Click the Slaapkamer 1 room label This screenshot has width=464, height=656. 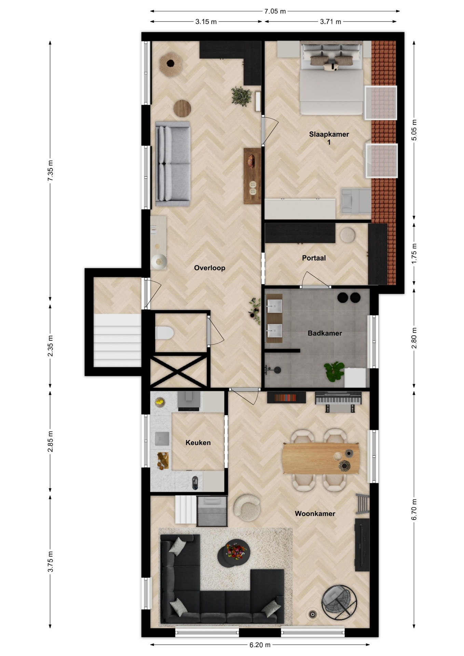click(329, 138)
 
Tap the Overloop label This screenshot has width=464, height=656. click(209, 268)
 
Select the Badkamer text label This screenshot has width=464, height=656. click(325, 333)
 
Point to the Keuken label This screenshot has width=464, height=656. click(198, 443)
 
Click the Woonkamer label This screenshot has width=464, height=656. click(315, 514)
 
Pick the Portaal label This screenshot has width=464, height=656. click(314, 258)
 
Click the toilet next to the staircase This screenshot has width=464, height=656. click(164, 333)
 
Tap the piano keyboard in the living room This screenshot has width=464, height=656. click(338, 398)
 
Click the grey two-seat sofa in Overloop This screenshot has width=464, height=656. click(173, 164)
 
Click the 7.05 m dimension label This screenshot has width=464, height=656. click(275, 11)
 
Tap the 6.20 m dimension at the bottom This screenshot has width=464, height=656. click(260, 645)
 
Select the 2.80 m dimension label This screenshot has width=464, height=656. click(414, 338)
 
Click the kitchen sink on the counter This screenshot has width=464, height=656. click(162, 439)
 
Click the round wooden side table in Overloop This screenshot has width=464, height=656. click(182, 108)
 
